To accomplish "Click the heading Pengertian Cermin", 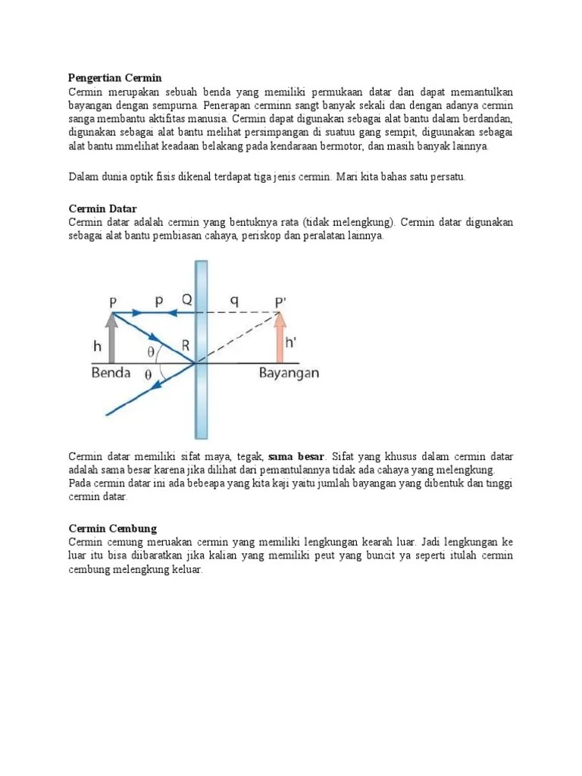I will tap(115, 78).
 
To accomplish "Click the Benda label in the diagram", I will tap(112, 373).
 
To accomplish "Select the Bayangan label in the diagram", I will tap(289, 373).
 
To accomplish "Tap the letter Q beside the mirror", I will tap(187, 299).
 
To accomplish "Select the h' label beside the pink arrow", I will tap(293, 342).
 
